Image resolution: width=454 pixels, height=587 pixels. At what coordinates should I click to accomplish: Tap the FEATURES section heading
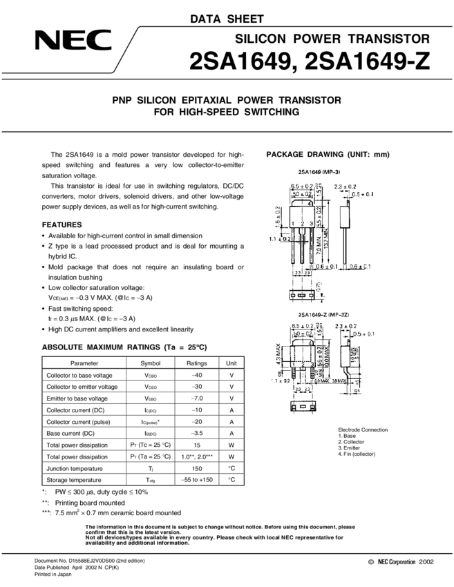click(x=62, y=224)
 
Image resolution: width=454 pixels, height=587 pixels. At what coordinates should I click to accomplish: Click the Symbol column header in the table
click(x=150, y=363)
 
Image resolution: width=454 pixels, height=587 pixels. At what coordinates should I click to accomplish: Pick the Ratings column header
click(x=196, y=363)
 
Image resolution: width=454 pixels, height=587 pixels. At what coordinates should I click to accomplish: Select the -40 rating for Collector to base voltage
click(x=196, y=375)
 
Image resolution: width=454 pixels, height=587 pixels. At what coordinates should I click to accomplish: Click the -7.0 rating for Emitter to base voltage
click(x=196, y=398)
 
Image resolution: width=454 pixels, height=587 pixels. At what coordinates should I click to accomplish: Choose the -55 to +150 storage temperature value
click(x=196, y=479)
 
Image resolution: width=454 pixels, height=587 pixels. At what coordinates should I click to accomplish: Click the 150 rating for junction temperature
click(x=196, y=468)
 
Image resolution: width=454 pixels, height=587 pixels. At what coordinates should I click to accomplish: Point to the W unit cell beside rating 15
click(x=231, y=445)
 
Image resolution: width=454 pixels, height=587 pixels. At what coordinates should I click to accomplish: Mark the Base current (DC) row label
click(x=70, y=433)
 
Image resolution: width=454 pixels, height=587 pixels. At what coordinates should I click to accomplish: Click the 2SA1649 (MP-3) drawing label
click(x=319, y=171)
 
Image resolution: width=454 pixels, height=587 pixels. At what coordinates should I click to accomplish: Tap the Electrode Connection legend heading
click(x=363, y=430)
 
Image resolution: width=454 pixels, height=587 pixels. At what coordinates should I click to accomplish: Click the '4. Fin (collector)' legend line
click(x=361, y=454)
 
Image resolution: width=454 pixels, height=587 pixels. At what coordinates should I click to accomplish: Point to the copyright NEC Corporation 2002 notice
click(x=401, y=563)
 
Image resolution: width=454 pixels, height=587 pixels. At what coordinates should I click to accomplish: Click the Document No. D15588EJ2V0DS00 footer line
click(x=90, y=560)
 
